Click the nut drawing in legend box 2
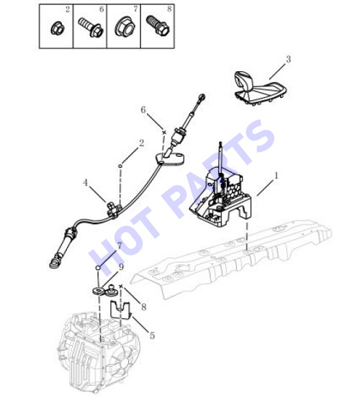click(58, 28)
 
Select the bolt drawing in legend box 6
click(90, 27)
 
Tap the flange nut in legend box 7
click(125, 26)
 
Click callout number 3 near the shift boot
click(288, 59)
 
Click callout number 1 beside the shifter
click(276, 175)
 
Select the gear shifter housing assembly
click(220, 194)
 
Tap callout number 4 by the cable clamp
click(86, 183)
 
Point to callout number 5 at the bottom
click(152, 336)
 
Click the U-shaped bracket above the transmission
click(120, 310)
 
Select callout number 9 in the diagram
click(121, 267)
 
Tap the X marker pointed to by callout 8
click(121, 286)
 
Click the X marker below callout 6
click(164, 132)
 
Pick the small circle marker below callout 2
click(120, 166)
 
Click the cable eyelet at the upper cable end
click(202, 97)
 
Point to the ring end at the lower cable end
click(55, 263)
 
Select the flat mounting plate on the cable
click(170, 158)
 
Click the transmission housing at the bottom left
click(99, 354)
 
